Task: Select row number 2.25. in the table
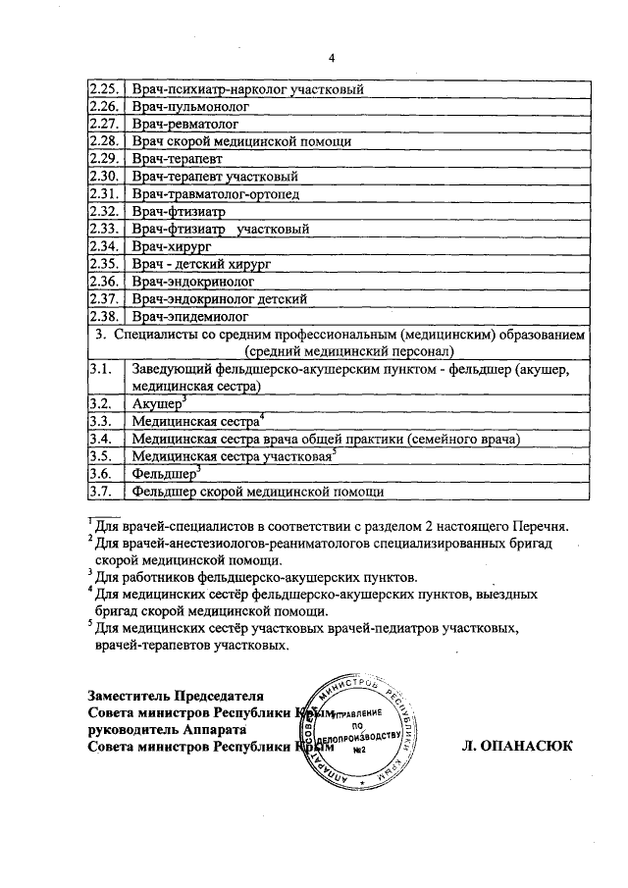pos(103,89)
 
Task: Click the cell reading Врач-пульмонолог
pos(190,106)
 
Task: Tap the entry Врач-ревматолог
pos(184,124)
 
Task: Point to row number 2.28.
pos(103,141)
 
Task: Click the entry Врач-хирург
pos(170,246)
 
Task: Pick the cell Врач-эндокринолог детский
pos(221,298)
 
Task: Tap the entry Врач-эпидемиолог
pos(188,316)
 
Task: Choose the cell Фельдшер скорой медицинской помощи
pos(257,492)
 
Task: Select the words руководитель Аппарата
pos(161,730)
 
